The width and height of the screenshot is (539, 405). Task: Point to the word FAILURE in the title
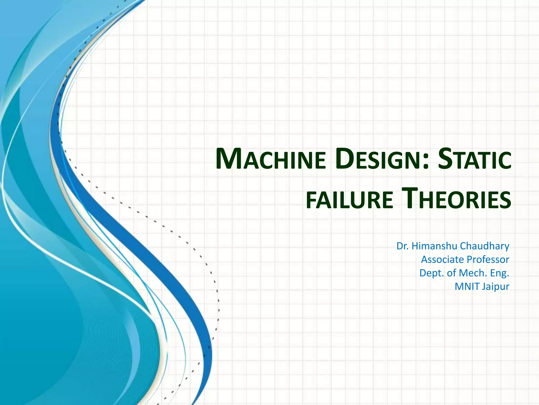(x=350, y=200)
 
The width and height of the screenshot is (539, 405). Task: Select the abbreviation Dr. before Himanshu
(x=403, y=246)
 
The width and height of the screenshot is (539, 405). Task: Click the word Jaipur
(x=496, y=287)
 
